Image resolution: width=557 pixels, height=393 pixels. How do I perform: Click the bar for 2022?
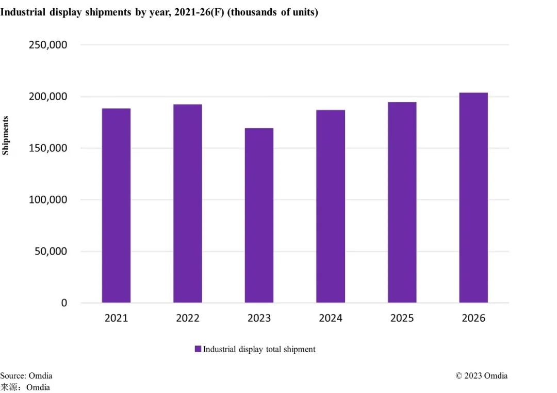[x=188, y=203]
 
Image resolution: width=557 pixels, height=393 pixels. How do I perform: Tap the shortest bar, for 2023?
[x=259, y=215]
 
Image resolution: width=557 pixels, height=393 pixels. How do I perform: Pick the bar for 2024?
[x=331, y=206]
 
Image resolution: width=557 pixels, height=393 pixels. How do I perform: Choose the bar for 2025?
[x=402, y=202]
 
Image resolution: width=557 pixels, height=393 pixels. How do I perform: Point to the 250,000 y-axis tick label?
[x=47, y=45]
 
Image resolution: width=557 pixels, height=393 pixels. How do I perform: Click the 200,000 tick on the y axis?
[x=47, y=97]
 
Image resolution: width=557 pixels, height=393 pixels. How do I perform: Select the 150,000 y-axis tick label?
[x=47, y=148]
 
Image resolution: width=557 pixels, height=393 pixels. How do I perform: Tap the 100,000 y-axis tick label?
[x=47, y=200]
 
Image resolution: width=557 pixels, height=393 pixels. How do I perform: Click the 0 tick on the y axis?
[x=64, y=303]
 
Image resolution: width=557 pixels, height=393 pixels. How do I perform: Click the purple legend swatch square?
[x=198, y=349]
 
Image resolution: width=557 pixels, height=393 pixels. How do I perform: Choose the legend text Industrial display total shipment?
[x=259, y=350]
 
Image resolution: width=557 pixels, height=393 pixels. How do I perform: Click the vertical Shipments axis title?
[x=6, y=135]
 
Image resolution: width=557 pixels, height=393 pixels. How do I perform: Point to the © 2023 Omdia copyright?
[x=481, y=376]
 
